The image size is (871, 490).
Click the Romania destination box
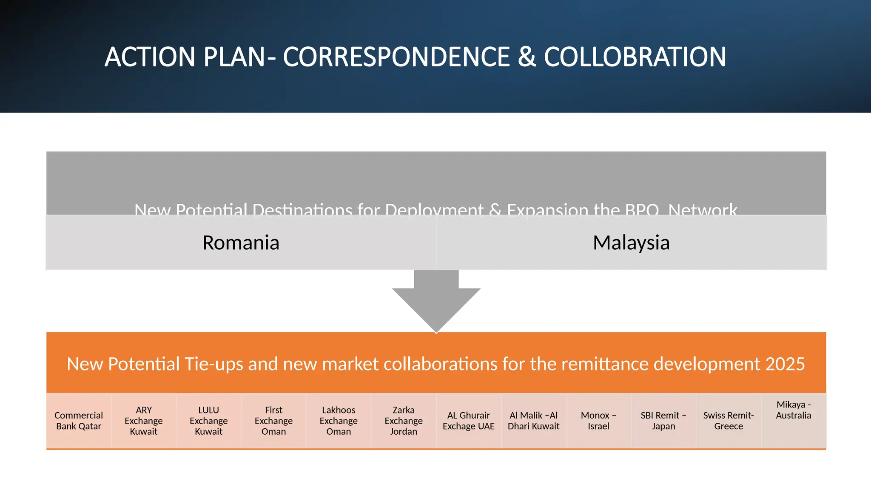click(x=241, y=242)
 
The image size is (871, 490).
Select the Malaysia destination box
click(x=631, y=242)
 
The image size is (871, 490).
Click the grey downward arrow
click(x=436, y=302)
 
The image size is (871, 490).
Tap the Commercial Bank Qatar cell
click(x=79, y=421)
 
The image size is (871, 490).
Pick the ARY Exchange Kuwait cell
click(x=144, y=421)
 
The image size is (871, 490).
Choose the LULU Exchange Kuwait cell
click(x=209, y=421)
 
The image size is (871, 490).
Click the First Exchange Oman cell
click(x=274, y=421)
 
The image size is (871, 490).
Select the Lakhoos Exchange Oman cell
click(x=339, y=421)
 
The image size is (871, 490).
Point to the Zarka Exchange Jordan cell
click(x=404, y=421)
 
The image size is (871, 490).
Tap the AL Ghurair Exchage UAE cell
click(x=469, y=421)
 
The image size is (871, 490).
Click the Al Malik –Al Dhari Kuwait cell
click(x=534, y=421)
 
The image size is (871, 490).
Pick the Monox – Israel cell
click(x=598, y=421)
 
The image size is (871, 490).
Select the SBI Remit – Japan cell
click(x=663, y=421)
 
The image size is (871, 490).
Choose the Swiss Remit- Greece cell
click(x=729, y=421)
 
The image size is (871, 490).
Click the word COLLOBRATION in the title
click(x=635, y=57)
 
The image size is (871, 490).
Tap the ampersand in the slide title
click(x=527, y=57)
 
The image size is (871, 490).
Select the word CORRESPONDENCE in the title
click(x=396, y=57)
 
